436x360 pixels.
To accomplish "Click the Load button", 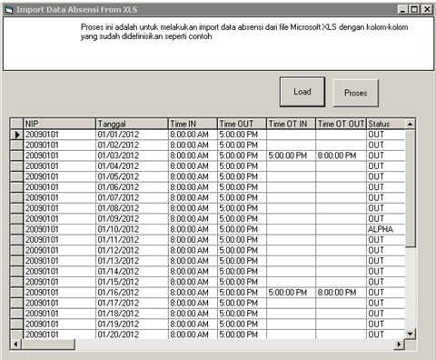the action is pos(302,92).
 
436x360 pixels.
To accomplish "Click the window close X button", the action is pos(426,8).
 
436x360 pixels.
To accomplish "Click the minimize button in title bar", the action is pos(401,8).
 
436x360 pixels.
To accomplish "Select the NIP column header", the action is pos(58,124).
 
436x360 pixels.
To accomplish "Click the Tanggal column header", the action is pos(131,124).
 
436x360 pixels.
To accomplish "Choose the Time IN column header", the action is pos(191,124).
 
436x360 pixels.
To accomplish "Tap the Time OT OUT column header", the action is pos(341,124).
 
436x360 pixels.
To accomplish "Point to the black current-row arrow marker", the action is pos(16,135).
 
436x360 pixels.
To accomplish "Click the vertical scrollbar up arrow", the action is pos(411,124).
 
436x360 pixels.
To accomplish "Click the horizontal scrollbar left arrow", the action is pos(15,345).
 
